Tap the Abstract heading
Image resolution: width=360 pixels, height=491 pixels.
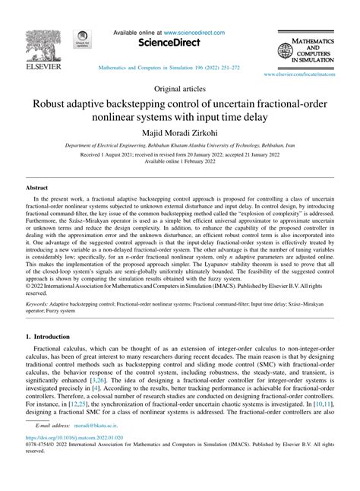pos(37,186)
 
